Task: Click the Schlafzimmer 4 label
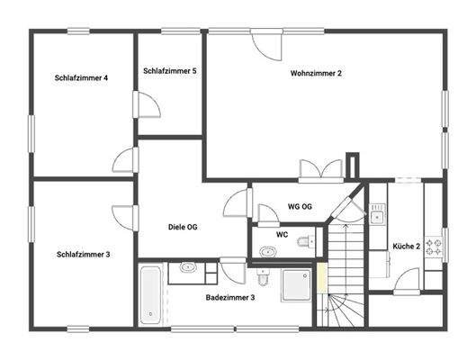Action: click(81, 78)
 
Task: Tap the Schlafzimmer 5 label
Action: click(170, 71)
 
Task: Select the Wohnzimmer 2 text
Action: click(316, 73)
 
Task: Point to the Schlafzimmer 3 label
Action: click(83, 255)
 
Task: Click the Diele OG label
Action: click(183, 227)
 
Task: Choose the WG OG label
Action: click(300, 207)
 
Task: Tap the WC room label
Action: click(282, 235)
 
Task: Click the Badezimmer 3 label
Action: click(230, 297)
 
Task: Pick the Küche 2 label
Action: click(407, 246)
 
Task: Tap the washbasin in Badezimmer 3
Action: click(189, 267)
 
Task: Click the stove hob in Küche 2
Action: click(435, 245)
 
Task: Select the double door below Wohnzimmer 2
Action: click(321, 171)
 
